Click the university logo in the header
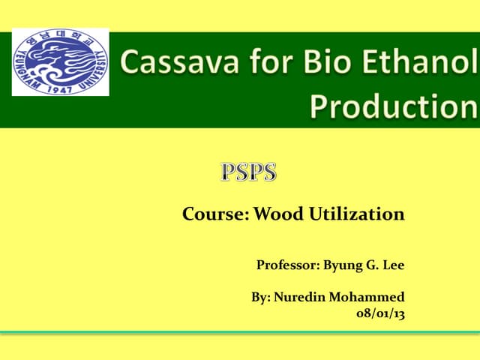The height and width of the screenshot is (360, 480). [60, 62]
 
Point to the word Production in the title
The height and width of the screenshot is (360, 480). [393, 106]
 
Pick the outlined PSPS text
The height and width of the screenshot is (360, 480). [249, 172]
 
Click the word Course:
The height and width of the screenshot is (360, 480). [216, 215]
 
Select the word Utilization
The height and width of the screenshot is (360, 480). [356, 215]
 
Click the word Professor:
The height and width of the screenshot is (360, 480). [288, 265]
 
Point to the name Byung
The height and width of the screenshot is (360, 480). [345, 265]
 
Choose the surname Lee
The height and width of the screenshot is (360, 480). [394, 265]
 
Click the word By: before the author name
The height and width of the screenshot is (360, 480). [260, 296]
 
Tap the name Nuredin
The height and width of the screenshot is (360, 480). [299, 296]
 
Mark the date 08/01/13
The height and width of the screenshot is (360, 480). [380, 314]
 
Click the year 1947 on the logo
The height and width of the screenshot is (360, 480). [60, 88]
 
